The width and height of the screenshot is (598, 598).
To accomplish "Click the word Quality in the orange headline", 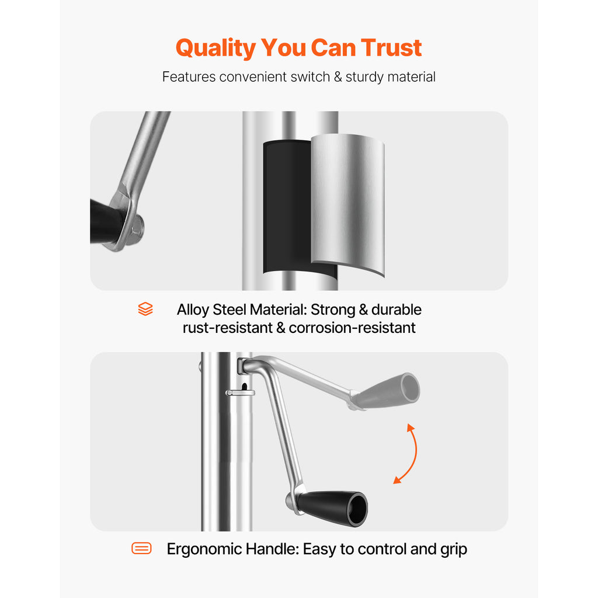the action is [x=215, y=48].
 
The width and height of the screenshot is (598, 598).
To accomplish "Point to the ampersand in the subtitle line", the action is [x=338, y=77].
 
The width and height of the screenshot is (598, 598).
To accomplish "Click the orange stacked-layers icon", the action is [x=145, y=309].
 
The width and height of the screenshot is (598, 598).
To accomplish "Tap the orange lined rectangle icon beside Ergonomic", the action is [x=141, y=548].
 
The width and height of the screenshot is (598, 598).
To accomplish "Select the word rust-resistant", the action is [x=227, y=328].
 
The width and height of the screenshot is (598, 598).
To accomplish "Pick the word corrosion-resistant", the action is [x=352, y=328].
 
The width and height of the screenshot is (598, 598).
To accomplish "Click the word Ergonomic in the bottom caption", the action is [x=204, y=550].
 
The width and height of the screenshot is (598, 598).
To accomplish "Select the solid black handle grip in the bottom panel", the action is [x=332, y=507].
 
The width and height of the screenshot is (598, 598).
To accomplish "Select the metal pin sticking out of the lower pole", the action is [x=240, y=392].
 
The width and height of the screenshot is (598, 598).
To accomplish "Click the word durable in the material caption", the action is [x=397, y=310].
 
